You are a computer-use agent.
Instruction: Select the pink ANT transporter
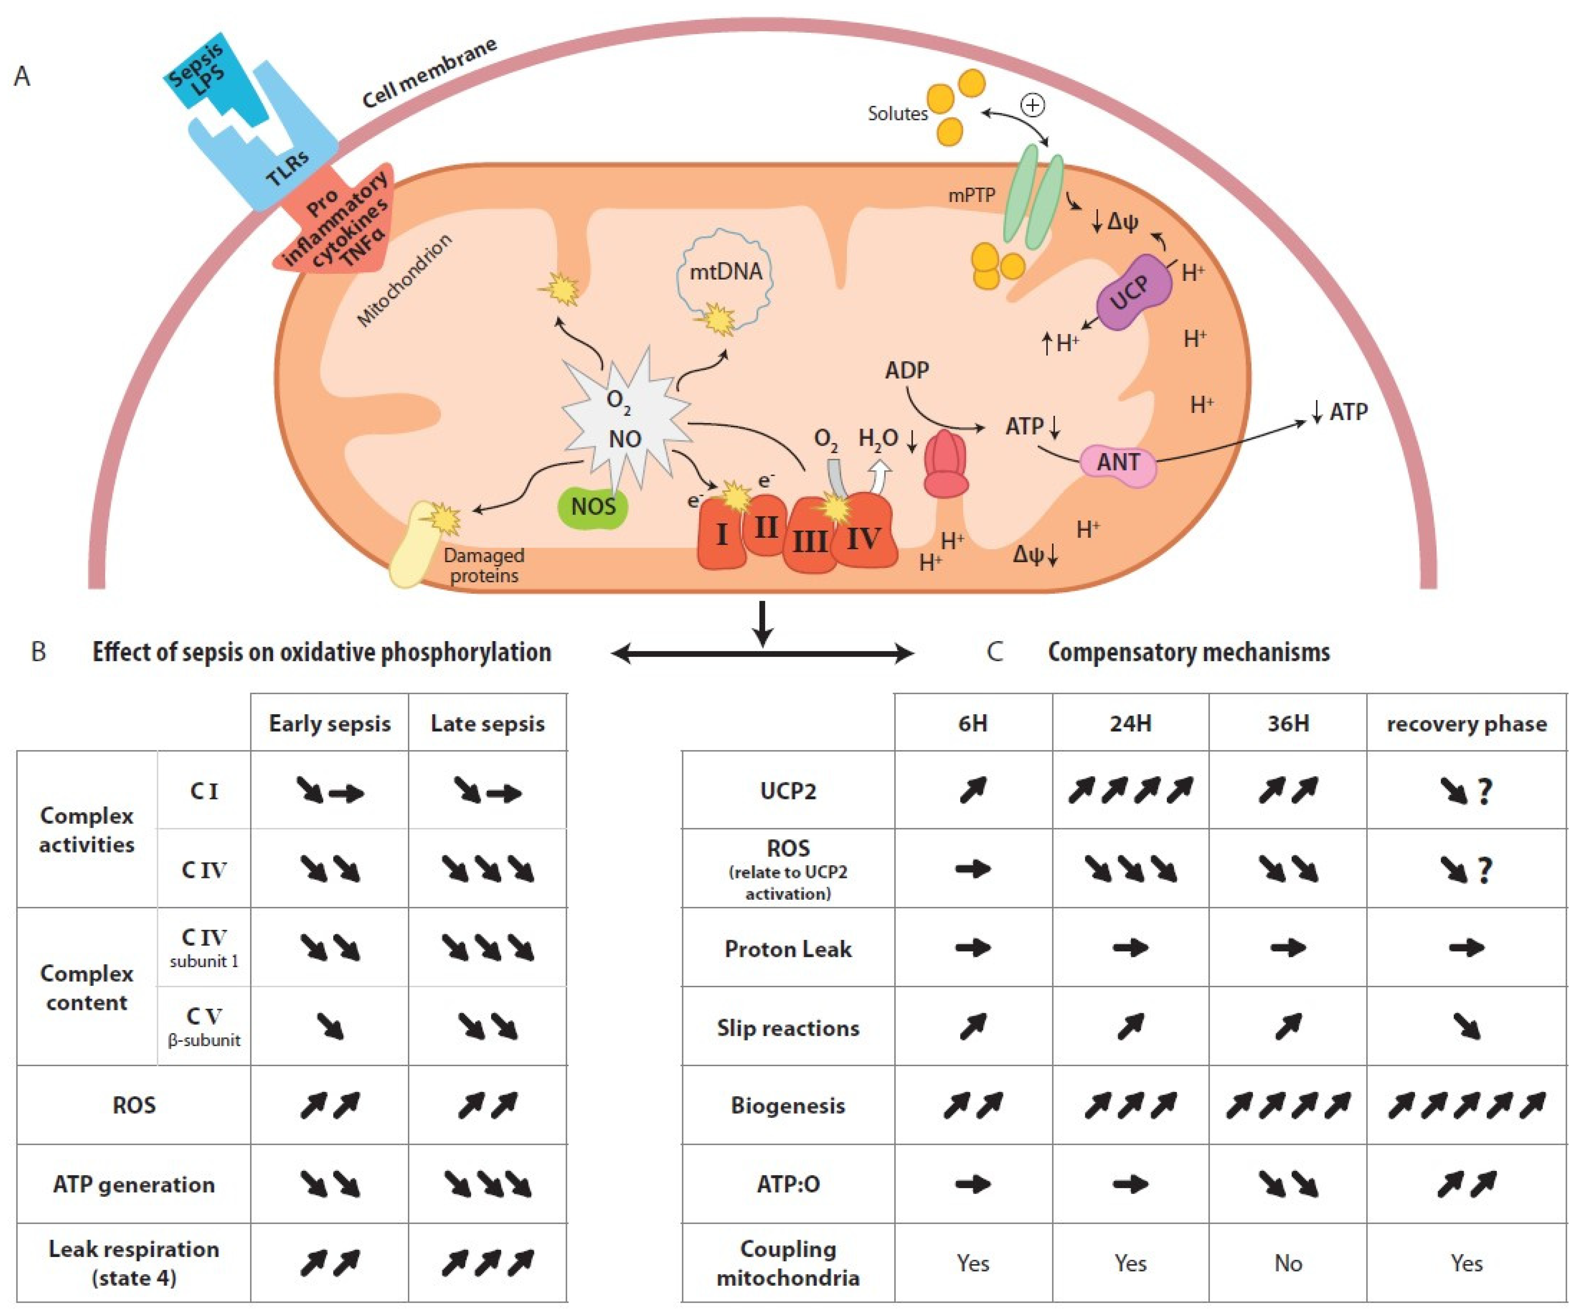(1117, 462)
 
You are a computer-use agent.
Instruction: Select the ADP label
(907, 370)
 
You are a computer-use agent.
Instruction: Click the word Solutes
(897, 114)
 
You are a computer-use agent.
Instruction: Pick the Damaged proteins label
(483, 566)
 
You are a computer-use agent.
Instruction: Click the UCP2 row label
(788, 791)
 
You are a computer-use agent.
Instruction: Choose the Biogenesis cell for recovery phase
(1466, 1106)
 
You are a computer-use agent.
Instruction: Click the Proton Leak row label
(788, 949)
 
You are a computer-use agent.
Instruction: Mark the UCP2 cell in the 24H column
(1130, 791)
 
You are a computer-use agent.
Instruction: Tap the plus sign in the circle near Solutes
(1032, 105)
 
